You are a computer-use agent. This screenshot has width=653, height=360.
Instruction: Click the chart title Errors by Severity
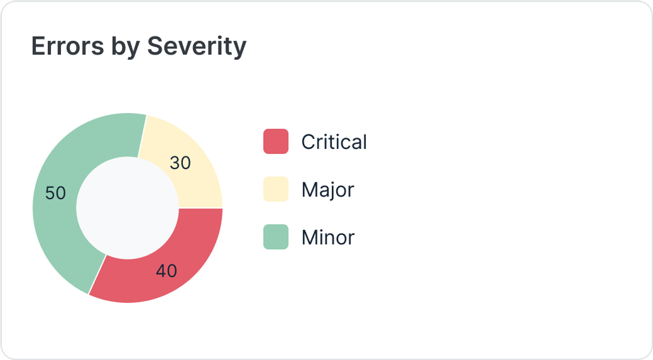(x=138, y=46)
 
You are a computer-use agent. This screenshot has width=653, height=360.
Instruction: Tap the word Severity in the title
(x=196, y=46)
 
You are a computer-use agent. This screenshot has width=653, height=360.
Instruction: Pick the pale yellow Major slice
(x=189, y=151)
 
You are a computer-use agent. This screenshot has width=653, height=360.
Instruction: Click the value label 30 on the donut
(x=180, y=163)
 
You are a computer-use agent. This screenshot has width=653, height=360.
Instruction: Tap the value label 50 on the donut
(x=56, y=194)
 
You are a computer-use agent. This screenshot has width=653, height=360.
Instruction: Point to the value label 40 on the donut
(x=167, y=271)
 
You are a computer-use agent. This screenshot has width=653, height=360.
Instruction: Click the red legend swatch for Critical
(x=276, y=141)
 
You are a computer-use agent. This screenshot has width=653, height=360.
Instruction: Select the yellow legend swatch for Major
(x=276, y=189)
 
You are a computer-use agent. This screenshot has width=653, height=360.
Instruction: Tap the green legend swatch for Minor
(x=276, y=237)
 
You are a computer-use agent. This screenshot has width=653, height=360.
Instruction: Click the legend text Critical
(x=334, y=142)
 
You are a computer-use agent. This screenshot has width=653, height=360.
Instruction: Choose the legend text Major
(x=327, y=190)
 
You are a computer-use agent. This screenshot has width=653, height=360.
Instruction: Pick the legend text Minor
(x=327, y=237)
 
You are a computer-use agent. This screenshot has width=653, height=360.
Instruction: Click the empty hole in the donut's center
(x=128, y=208)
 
